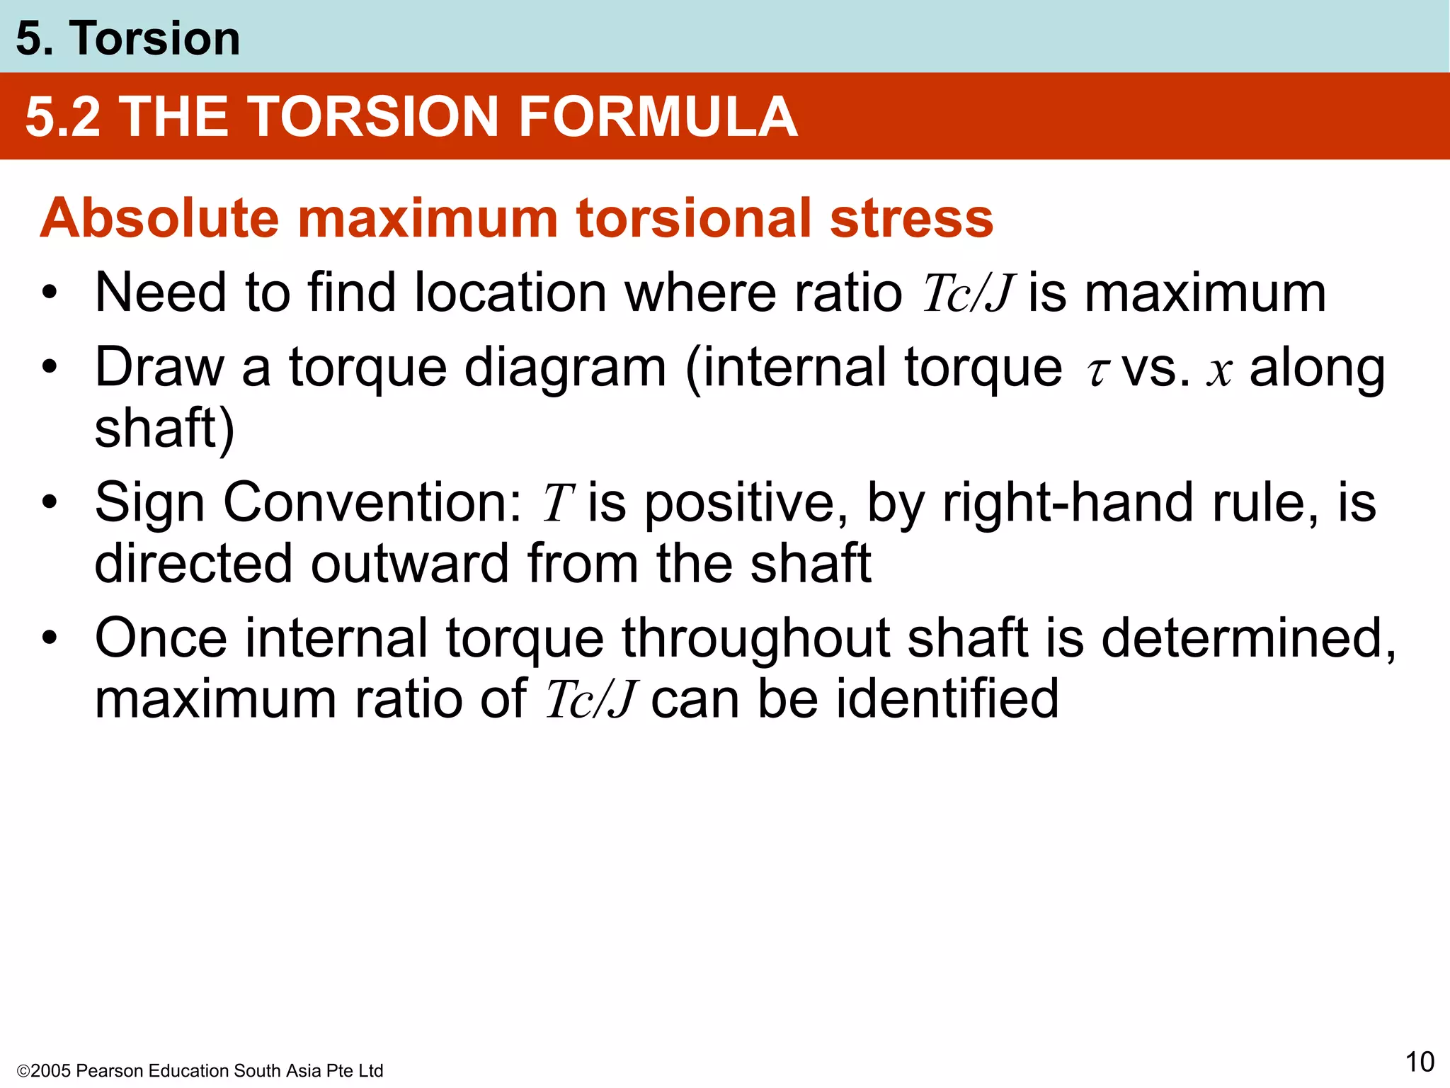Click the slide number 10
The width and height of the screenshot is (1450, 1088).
[x=1419, y=1062]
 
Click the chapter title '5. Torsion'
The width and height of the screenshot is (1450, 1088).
[x=128, y=38]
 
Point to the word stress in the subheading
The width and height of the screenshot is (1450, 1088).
[x=911, y=217]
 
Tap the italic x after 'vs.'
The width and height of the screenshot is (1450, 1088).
[x=1219, y=370]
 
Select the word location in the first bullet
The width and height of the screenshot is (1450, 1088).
[x=510, y=293]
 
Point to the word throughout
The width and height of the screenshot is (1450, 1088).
[x=755, y=637]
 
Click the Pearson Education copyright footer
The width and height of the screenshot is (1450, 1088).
[x=200, y=1070]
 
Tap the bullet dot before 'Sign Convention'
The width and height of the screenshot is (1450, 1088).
[x=49, y=503]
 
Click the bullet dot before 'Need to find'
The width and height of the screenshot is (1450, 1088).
[x=49, y=293]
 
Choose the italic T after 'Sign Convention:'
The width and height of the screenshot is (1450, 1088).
[x=557, y=504]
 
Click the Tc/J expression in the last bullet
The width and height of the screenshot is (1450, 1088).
[x=592, y=700]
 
